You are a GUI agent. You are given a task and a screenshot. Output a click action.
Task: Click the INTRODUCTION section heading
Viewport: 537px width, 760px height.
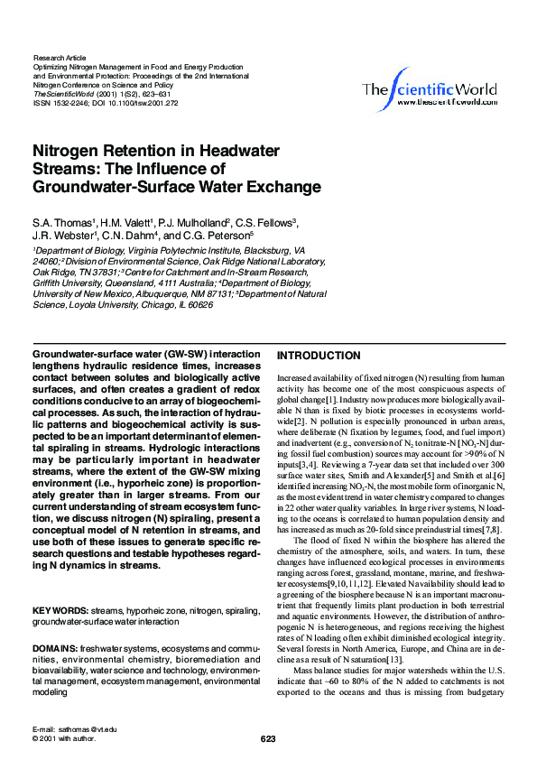318,356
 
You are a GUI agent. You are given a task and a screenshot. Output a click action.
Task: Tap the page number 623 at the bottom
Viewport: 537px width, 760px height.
268,739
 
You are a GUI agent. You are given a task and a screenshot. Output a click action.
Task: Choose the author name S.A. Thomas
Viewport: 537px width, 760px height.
64,222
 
